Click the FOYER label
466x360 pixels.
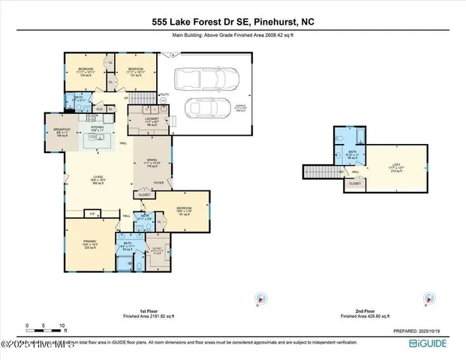click(159, 181)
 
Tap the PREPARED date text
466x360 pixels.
click(422, 330)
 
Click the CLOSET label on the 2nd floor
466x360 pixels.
click(355, 182)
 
